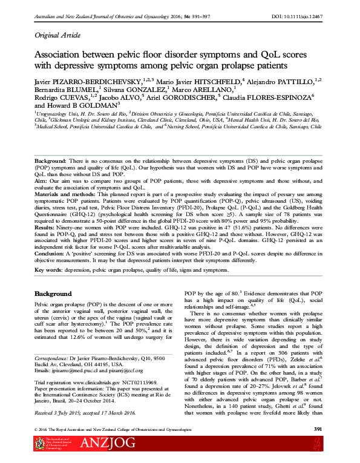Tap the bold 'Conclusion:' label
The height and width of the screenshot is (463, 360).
(49, 254)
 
